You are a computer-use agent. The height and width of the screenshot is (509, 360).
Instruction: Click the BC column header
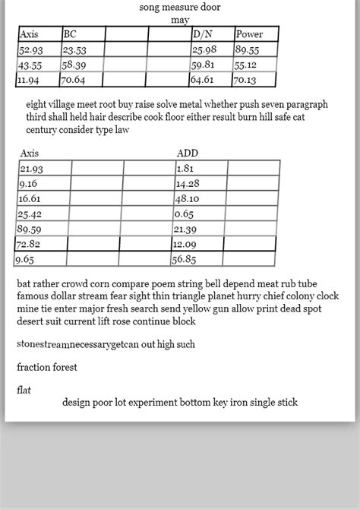[70, 34]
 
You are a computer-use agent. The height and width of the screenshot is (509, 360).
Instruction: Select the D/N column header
[203, 34]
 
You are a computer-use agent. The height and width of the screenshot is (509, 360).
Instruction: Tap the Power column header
[249, 34]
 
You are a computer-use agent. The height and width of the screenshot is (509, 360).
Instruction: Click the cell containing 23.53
[74, 49]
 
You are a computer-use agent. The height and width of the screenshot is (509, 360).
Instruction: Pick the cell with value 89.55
[248, 49]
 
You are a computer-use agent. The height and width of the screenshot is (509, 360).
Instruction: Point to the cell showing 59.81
[203, 65]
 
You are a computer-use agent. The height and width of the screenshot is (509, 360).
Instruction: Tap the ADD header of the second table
[187, 153]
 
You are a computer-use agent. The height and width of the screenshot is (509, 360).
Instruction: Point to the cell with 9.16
[28, 183]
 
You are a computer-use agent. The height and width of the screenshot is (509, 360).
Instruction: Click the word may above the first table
[180, 20]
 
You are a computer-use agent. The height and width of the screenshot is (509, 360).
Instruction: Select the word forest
[65, 367]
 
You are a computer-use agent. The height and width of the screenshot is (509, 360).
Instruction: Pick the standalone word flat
[24, 390]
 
